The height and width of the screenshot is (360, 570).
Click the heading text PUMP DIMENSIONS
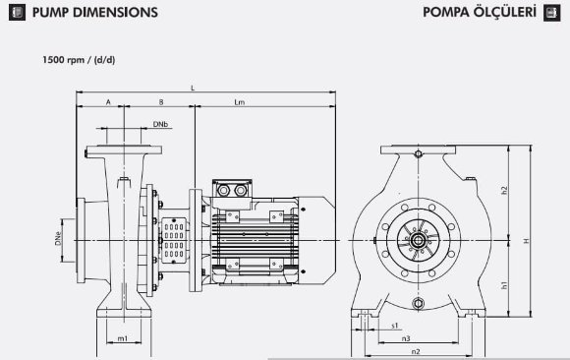click(x=94, y=13)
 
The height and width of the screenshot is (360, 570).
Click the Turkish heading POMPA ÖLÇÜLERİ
click(x=478, y=13)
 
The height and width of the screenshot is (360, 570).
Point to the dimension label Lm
click(x=240, y=102)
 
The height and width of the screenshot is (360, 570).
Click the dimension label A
click(x=108, y=102)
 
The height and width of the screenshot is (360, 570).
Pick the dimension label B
click(x=160, y=102)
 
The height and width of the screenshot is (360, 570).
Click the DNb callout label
click(x=160, y=124)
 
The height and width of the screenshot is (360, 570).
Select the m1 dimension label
click(x=123, y=338)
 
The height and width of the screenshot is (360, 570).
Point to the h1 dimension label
click(x=503, y=284)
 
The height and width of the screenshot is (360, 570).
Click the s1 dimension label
click(x=394, y=324)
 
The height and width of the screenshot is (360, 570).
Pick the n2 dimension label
click(x=416, y=350)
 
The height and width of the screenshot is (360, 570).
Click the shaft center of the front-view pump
click(x=420, y=239)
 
